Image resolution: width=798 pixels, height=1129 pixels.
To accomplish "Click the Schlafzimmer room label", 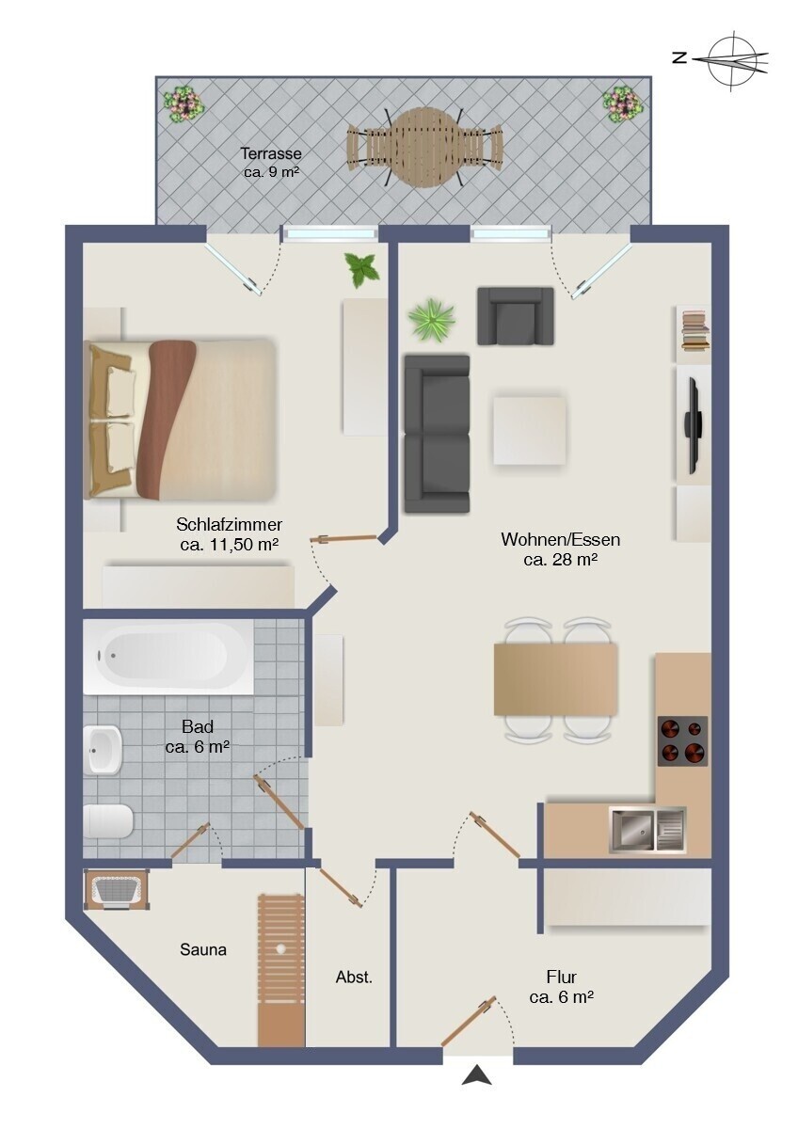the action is pyautogui.click(x=229, y=524).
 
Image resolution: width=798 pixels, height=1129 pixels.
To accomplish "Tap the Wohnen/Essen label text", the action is pyautogui.click(x=560, y=539).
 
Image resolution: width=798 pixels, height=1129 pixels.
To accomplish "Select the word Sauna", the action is pyautogui.click(x=203, y=949).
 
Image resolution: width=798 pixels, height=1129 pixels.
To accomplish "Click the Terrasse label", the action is pyautogui.click(x=271, y=152).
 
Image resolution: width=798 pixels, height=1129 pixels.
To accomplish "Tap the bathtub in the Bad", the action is pyautogui.click(x=168, y=657).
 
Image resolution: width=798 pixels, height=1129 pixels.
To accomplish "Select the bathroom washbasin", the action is pyautogui.click(x=103, y=750).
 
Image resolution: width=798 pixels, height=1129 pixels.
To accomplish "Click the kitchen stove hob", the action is pyautogui.click(x=682, y=741).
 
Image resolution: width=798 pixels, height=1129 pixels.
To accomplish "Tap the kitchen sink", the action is pyautogui.click(x=647, y=830).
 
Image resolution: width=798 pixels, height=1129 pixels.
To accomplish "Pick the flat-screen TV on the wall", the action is pyautogui.click(x=691, y=426).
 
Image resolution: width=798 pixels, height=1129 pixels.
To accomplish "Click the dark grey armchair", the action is pyautogui.click(x=515, y=316).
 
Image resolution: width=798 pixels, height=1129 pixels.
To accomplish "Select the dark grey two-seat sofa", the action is pyautogui.click(x=437, y=434).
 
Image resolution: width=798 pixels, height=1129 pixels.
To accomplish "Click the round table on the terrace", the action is pyautogui.click(x=425, y=147).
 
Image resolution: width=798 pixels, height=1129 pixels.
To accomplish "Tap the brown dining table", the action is pyautogui.click(x=555, y=679).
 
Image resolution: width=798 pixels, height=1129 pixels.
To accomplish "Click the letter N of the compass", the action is pyautogui.click(x=680, y=58).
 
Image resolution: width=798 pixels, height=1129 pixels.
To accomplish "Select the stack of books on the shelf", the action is pyautogui.click(x=695, y=330).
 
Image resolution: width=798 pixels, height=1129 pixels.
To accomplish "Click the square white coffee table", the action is pyautogui.click(x=529, y=430).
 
